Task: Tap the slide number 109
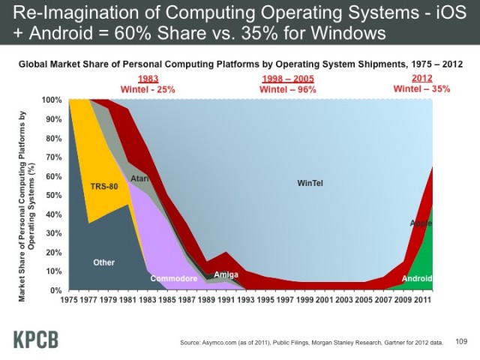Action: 461,342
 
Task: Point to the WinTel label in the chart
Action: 310,184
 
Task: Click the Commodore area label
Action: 173,278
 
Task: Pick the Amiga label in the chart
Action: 226,274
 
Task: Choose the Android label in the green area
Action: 417,279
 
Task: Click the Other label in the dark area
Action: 103,262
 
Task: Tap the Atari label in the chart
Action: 139,178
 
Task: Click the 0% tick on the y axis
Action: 56,290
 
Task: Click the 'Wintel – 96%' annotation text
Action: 288,89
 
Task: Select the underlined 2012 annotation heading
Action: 422,79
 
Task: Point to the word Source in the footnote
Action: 193,343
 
